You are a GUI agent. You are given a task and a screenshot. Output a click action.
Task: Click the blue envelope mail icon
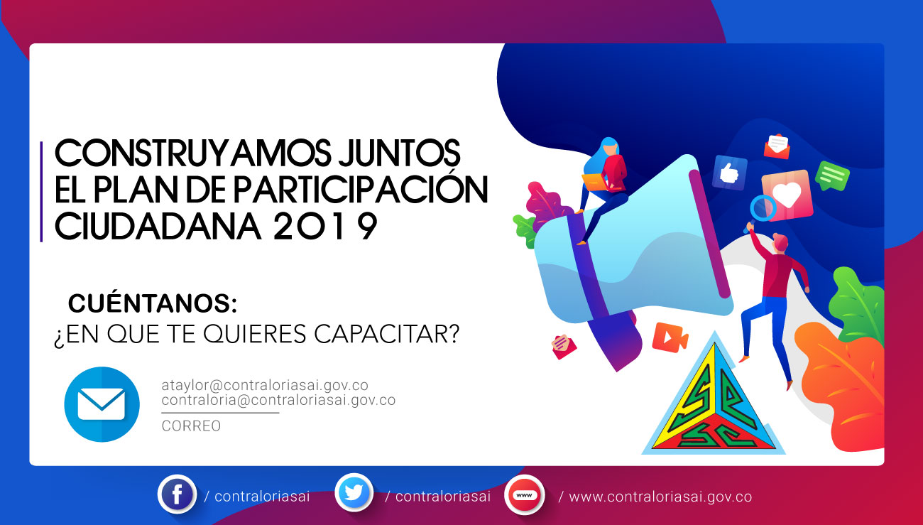click(102, 404)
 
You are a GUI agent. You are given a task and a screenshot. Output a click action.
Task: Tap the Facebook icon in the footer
click(177, 494)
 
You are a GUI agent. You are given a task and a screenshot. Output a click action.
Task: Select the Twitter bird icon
click(354, 492)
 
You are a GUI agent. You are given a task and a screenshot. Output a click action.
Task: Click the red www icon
click(524, 495)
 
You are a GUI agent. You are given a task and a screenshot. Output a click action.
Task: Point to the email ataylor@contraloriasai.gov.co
click(265, 385)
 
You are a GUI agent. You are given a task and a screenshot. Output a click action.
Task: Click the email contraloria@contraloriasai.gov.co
click(278, 400)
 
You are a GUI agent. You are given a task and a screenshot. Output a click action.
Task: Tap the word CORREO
click(191, 426)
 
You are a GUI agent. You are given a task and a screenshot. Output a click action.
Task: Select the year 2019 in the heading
click(325, 226)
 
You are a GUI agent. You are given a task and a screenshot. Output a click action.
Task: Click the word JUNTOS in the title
click(399, 153)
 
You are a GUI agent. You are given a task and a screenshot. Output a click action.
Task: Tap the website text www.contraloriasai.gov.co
click(660, 497)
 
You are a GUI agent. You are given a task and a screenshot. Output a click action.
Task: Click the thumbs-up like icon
click(730, 173)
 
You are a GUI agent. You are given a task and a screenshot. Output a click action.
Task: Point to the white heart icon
click(787, 194)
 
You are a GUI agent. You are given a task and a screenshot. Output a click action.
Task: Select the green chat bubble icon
click(832, 176)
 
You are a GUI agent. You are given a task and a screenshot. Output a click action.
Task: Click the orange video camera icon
click(670, 337)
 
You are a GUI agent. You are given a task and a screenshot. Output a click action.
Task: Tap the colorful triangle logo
click(714, 396)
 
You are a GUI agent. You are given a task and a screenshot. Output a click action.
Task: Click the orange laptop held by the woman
click(595, 182)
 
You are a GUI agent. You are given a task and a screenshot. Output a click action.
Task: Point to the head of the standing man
click(780, 242)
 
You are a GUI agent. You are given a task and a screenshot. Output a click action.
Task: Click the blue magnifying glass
click(763, 209)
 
